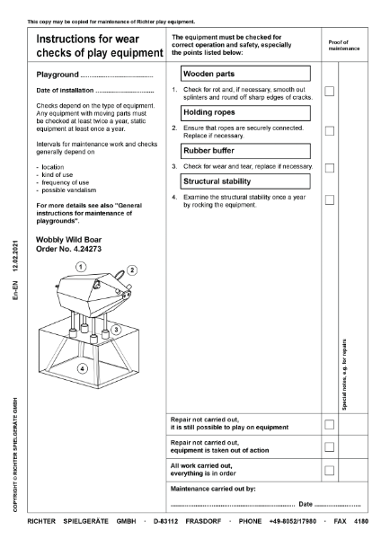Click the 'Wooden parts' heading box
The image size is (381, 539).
pyautogui.click(x=244, y=73)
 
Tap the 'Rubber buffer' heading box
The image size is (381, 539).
pyautogui.click(x=244, y=150)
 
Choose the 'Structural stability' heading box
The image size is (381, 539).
pyautogui.click(x=244, y=181)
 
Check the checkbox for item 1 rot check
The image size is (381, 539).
pyautogui.click(x=330, y=92)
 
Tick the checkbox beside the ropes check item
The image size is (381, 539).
pyautogui.click(x=330, y=131)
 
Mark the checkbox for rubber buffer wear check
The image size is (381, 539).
pyautogui.click(x=330, y=167)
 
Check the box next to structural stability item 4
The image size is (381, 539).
pyautogui.click(x=330, y=200)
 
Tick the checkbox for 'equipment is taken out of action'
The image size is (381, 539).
pyautogui.click(x=330, y=446)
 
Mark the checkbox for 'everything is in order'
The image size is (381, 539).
pyautogui.click(x=330, y=470)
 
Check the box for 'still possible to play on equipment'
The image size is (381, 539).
pyautogui.click(x=330, y=423)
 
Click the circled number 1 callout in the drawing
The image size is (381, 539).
pyautogui.click(x=80, y=267)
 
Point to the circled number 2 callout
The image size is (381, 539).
pyautogui.click(x=131, y=269)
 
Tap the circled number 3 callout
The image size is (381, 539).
pyautogui.click(x=116, y=331)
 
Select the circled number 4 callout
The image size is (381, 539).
pyautogui.click(x=82, y=367)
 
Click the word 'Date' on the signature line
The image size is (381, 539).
pyautogui.click(x=306, y=504)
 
